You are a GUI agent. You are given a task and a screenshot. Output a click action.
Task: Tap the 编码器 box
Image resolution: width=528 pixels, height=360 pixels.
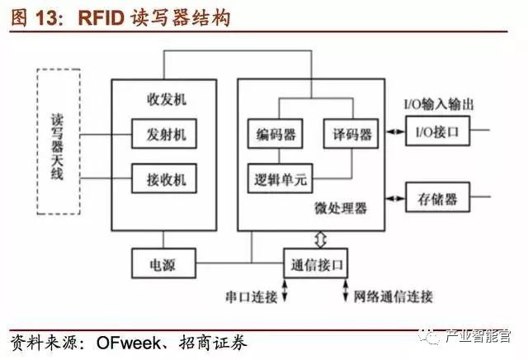click(276, 132)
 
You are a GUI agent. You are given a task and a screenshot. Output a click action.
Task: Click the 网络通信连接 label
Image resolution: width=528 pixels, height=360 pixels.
click(394, 295)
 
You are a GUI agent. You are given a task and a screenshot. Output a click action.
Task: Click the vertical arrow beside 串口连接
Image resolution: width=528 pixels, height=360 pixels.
click(285, 291)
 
